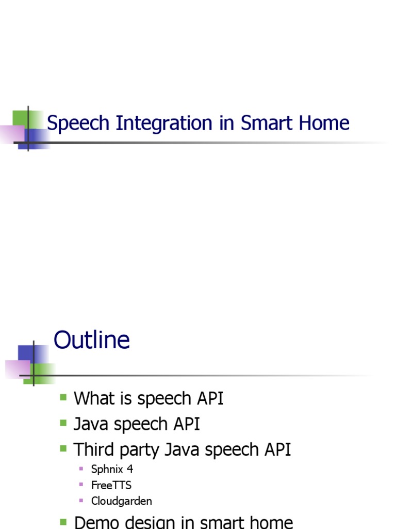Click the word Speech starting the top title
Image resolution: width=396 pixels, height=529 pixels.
(x=78, y=124)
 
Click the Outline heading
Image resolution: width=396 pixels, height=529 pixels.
(x=92, y=341)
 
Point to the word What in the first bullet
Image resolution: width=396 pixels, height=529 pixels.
(x=93, y=399)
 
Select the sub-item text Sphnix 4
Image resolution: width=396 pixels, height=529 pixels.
(x=112, y=470)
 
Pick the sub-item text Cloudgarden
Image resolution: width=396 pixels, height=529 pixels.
(x=121, y=501)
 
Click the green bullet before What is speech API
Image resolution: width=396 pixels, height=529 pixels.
(x=63, y=398)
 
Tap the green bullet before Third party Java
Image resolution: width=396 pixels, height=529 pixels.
(x=63, y=448)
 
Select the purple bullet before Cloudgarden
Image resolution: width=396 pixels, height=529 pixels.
(x=81, y=501)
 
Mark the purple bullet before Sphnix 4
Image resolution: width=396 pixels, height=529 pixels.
(x=81, y=469)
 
